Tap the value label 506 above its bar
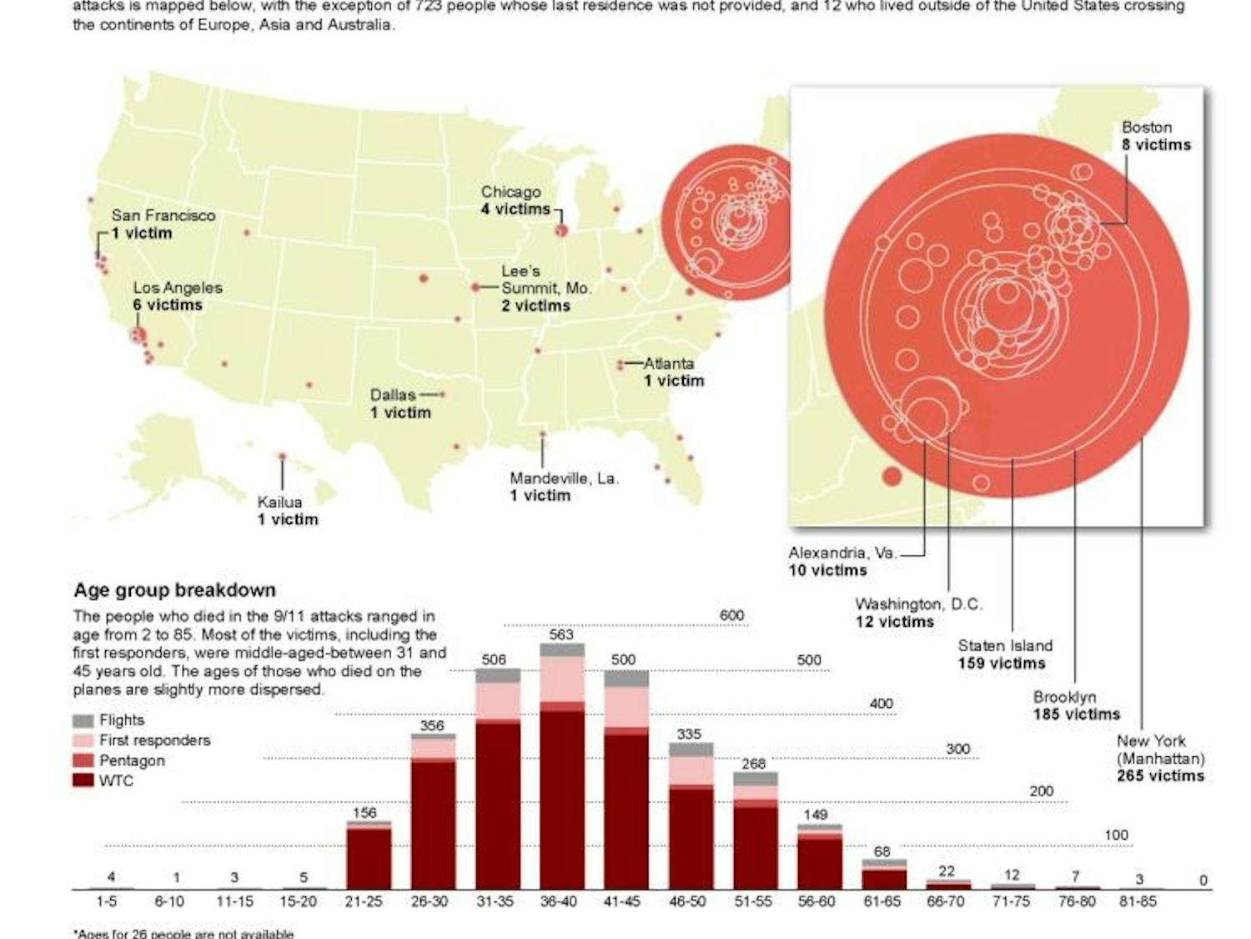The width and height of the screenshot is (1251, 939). coord(494,659)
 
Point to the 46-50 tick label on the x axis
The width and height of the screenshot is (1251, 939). coord(687,902)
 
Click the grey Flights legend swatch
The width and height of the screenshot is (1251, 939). coord(83,720)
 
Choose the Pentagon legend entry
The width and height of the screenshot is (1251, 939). coord(131,760)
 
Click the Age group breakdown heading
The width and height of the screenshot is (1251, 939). coord(174,590)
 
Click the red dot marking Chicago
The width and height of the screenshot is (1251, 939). coord(561,230)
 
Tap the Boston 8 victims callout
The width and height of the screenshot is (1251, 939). coord(1155,136)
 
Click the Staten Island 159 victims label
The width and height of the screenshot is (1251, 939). coord(1003,654)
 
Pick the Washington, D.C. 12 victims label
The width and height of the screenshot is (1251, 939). coord(917,613)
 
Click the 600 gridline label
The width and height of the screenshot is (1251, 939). coord(731,615)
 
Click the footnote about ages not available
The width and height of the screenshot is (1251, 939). coord(183,933)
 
